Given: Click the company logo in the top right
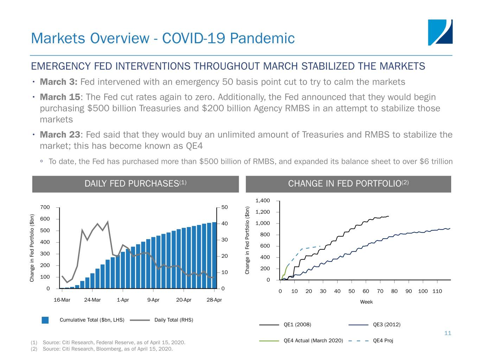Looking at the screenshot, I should (x=440, y=32).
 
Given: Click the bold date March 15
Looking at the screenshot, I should (x=60, y=97).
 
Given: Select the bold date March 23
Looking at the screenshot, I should (x=60, y=135).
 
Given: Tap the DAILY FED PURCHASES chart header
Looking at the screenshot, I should (x=135, y=184).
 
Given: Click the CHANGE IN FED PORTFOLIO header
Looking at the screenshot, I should (x=348, y=184).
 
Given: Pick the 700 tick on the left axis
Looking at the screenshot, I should (x=45, y=207).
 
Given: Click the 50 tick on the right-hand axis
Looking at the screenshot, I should (x=224, y=207).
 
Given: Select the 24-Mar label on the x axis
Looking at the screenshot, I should (x=92, y=300).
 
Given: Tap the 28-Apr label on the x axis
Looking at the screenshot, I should (x=214, y=300).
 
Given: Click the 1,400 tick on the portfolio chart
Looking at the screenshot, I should (x=262, y=201).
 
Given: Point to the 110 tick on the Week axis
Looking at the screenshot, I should (x=437, y=291).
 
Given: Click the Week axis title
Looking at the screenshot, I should (x=366, y=302).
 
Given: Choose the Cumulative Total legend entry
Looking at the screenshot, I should (x=92, y=320).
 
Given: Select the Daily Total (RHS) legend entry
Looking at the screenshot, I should (x=174, y=320).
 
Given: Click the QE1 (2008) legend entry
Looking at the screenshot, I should (x=297, y=324).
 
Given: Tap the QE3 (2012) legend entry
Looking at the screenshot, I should (x=386, y=324).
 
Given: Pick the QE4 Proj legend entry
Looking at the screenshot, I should (x=383, y=340).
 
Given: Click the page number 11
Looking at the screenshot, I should (x=448, y=333).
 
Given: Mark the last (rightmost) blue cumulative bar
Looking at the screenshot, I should (x=214, y=255).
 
